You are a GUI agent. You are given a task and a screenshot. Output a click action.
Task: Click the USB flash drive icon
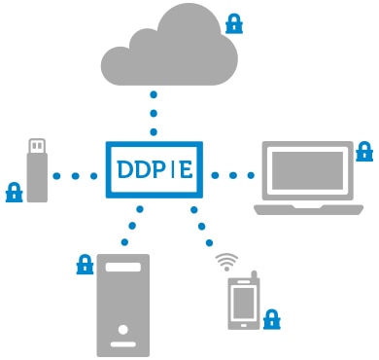point(36,169)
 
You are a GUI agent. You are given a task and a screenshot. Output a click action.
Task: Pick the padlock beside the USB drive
point(14,191)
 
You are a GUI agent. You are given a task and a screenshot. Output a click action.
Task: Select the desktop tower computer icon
point(123,304)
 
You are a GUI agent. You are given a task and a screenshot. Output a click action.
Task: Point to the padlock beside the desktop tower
point(85,264)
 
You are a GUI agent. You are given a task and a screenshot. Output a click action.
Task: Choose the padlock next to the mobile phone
point(271,317)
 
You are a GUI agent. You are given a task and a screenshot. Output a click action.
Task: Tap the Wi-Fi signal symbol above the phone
point(226,261)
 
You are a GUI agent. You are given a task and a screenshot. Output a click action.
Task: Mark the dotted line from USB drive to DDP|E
point(76,176)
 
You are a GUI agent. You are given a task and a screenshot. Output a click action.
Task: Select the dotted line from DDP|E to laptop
point(229,175)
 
